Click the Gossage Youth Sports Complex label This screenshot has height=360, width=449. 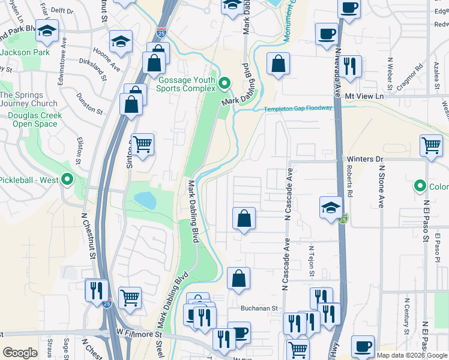(186, 83)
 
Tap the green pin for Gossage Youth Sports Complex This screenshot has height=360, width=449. (225, 83)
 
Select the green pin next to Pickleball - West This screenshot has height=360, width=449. (67, 179)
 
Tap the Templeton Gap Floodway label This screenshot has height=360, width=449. (298, 109)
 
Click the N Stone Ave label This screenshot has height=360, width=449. (381, 185)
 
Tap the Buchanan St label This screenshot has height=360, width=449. (261, 308)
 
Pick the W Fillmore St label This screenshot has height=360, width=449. (139, 333)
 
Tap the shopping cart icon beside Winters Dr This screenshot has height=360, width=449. (432, 145)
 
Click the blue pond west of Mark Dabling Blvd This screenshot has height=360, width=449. (145, 200)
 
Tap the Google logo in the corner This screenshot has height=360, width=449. (20, 352)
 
